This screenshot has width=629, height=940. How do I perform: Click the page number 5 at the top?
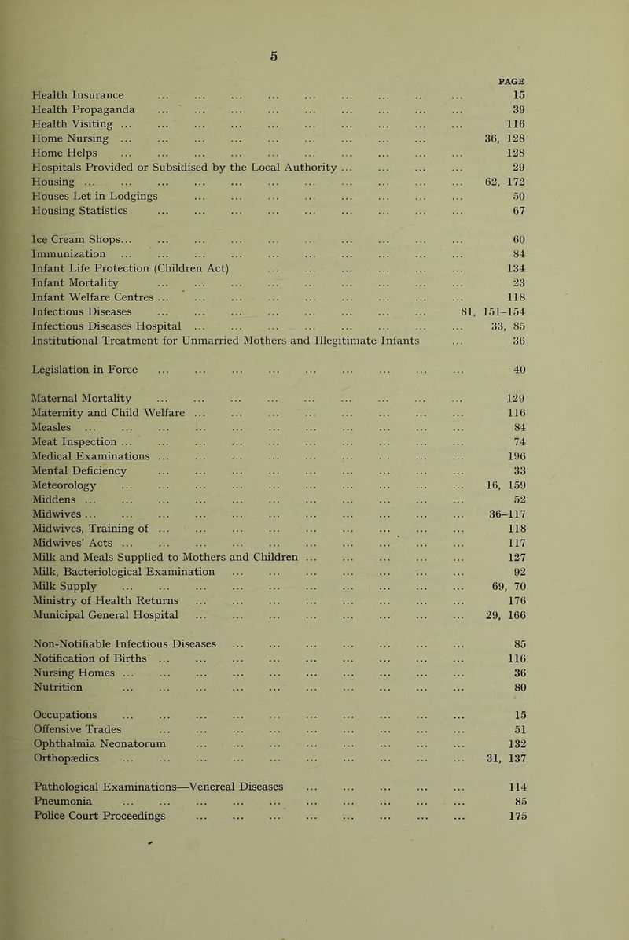(x=314, y=56)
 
